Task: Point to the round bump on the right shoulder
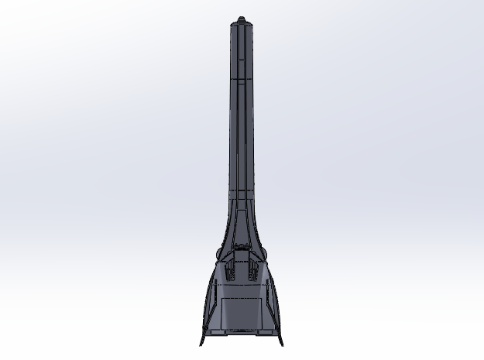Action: pyautogui.click(x=266, y=255)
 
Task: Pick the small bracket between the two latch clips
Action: pyautogui.click(x=242, y=263)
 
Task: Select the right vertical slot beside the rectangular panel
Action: pyautogui.click(x=269, y=310)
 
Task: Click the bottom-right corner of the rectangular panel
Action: pyautogui.click(x=261, y=328)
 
